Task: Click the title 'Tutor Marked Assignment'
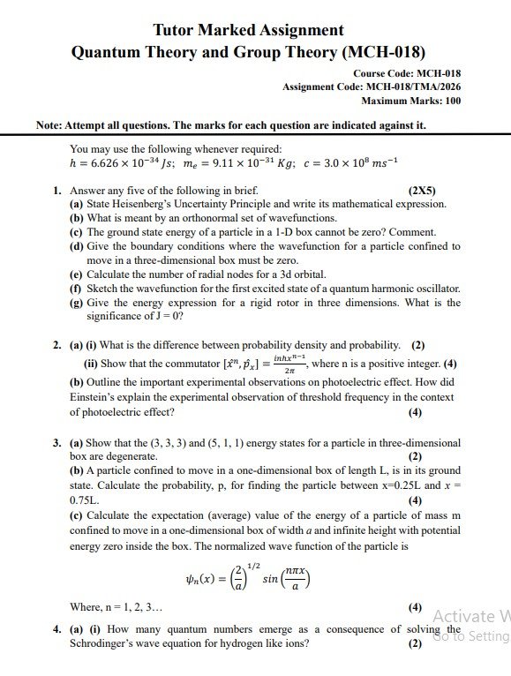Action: (x=248, y=31)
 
